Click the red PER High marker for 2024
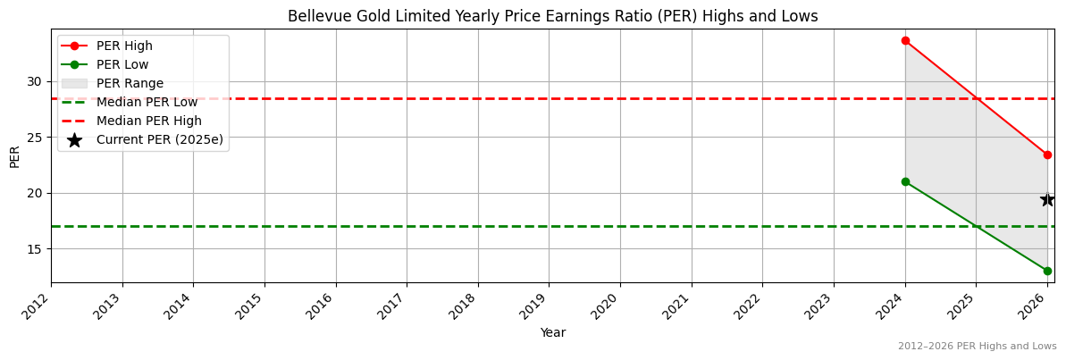905,40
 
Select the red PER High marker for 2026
1047,155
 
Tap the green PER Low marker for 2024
905,181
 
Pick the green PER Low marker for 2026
1047,271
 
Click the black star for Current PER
1047,199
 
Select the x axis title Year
552,333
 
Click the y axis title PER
14,156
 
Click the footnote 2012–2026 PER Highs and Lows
977,346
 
